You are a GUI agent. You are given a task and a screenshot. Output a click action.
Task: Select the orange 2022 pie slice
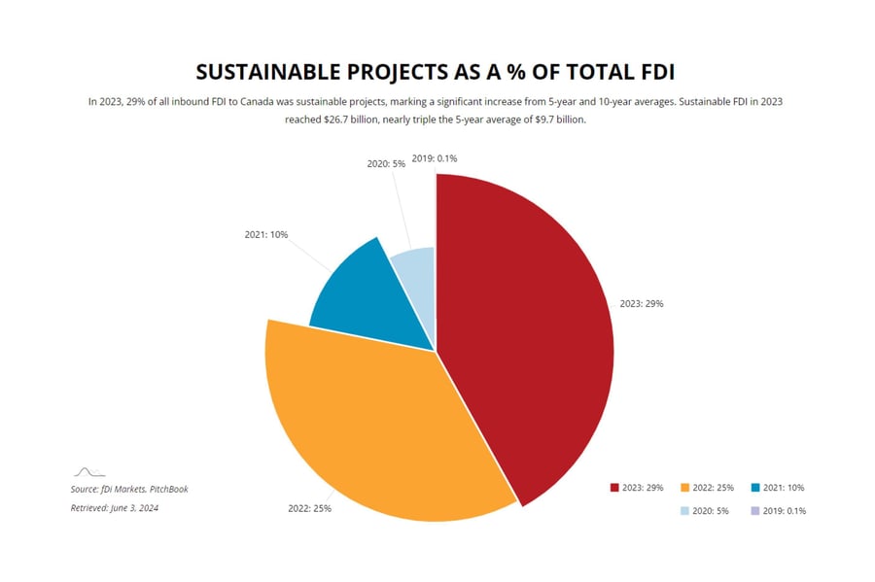pyautogui.click(x=369, y=418)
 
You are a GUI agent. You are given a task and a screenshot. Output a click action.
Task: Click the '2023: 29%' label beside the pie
pyautogui.click(x=642, y=303)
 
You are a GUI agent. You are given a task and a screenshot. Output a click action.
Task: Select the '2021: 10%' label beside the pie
pyautogui.click(x=265, y=234)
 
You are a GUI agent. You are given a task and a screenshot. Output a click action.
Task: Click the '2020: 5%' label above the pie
pyautogui.click(x=386, y=164)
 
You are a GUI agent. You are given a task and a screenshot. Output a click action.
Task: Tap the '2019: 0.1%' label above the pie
pyautogui.click(x=435, y=157)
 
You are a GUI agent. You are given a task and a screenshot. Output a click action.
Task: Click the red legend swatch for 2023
pyautogui.click(x=614, y=488)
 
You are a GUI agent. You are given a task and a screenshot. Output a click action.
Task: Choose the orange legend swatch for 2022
pyautogui.click(x=685, y=488)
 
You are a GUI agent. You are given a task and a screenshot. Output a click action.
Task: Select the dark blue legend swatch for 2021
pyautogui.click(x=755, y=488)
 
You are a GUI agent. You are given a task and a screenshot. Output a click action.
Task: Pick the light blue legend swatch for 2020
pyautogui.click(x=685, y=511)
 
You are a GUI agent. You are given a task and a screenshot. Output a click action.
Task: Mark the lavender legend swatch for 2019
pyautogui.click(x=755, y=511)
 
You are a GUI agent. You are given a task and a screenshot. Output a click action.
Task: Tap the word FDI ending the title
pyautogui.click(x=656, y=72)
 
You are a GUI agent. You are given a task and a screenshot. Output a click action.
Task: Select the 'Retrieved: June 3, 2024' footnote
pyautogui.click(x=114, y=508)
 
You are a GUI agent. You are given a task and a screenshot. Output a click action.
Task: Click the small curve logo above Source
pyautogui.click(x=89, y=472)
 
